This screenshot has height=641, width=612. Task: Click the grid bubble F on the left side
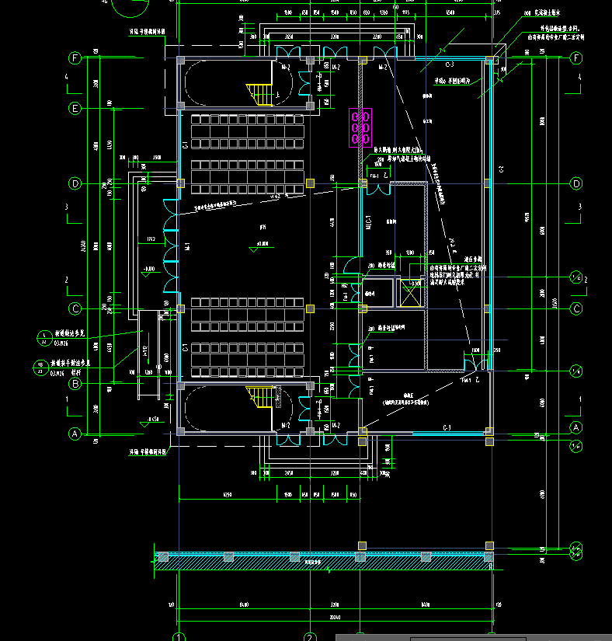75,58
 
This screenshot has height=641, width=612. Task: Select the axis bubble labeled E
75,108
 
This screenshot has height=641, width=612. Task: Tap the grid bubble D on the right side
576,184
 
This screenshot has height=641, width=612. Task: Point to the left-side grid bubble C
75,308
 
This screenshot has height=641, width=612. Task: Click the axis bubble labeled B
75,384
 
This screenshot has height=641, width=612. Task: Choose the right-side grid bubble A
576,427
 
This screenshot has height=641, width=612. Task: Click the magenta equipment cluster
360,127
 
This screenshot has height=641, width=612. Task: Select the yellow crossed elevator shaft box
409,294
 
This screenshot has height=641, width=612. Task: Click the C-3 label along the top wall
449,64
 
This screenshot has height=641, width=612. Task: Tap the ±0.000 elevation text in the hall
268,244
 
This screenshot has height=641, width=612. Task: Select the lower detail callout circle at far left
43,365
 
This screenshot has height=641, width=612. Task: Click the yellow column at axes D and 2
310,183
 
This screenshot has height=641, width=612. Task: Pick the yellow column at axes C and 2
310,308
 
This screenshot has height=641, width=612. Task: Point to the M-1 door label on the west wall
187,246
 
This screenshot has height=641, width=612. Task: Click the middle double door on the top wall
336,52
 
